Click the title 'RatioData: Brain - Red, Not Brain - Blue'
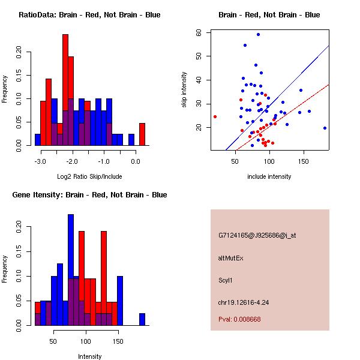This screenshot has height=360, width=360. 89,15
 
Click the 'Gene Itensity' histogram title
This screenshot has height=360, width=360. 89,195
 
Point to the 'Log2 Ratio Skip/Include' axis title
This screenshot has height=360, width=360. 89,176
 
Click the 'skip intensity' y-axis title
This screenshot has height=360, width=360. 185,90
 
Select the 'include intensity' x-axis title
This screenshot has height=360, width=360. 269,176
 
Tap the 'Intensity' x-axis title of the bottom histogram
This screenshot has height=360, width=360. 89,356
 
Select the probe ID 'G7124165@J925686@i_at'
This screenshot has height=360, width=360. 257,235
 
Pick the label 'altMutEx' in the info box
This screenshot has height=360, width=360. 231,257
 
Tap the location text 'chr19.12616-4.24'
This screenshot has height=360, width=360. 244,302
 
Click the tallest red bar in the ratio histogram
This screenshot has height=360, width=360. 65,90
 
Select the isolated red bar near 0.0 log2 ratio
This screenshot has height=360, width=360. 142,134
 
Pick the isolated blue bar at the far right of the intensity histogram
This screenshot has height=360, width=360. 142,319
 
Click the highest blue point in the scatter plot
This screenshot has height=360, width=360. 258,35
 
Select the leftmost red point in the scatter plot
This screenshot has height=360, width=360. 215,116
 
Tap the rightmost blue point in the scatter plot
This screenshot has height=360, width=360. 325,128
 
